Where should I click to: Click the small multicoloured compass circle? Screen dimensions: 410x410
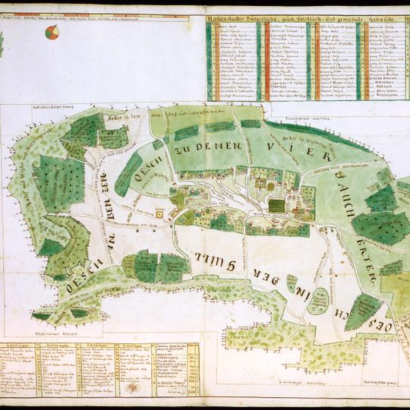(x=52, y=32)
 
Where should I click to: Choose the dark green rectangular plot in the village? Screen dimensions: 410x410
(x=277, y=205)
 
